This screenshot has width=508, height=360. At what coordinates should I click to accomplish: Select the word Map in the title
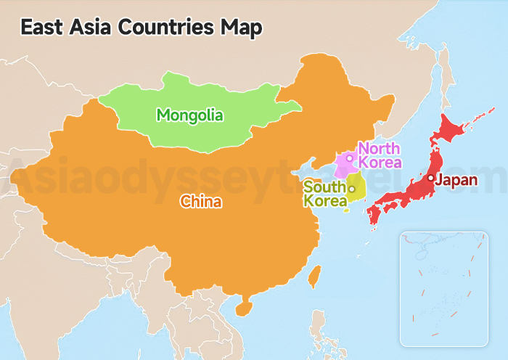pyautogui.click(x=242, y=28)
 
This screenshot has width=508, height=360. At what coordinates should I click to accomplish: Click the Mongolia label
pyautogui.click(x=190, y=115)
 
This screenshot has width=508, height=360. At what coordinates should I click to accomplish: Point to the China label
pyautogui.click(x=200, y=202)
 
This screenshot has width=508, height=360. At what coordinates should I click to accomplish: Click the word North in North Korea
pyautogui.click(x=379, y=149)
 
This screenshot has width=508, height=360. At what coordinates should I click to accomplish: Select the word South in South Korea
pyautogui.click(x=323, y=187)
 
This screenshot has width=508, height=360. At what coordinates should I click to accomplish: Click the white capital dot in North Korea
pyautogui.click(x=349, y=157)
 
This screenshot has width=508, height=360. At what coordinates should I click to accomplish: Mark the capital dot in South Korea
pyautogui.click(x=352, y=189)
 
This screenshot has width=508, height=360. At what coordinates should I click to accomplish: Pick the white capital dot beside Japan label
pyautogui.click(x=430, y=178)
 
